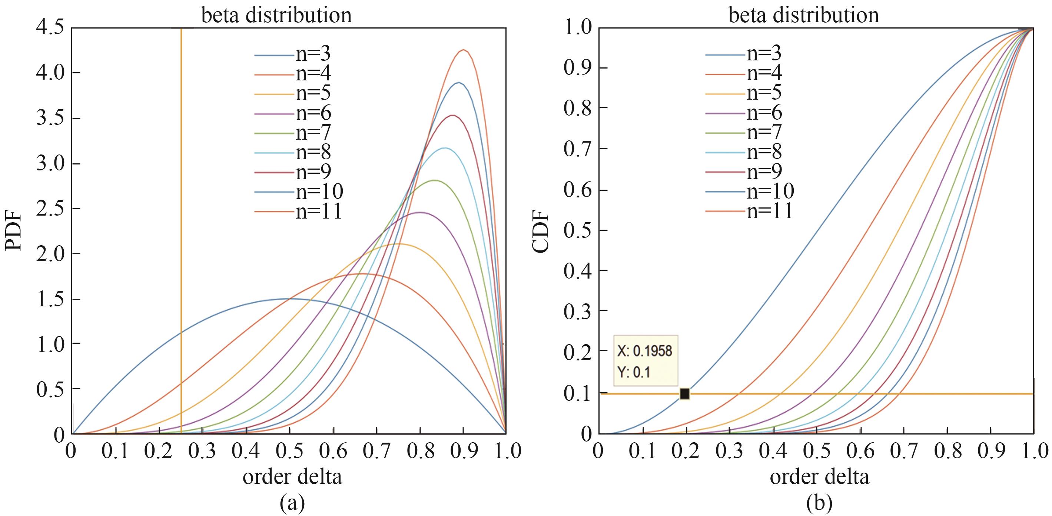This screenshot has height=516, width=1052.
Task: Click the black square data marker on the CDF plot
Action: coord(685,393)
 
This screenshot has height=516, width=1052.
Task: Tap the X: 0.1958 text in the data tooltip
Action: coord(645,351)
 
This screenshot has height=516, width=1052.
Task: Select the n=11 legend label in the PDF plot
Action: coord(319,212)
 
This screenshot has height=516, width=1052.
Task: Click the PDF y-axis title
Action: coord(13,231)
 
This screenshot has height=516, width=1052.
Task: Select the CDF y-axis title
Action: coord(541,231)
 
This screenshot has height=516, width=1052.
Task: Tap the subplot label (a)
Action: coord(292,503)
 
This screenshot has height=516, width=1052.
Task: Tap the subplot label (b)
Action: coord(820,503)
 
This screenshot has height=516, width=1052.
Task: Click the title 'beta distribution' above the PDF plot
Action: coord(276,16)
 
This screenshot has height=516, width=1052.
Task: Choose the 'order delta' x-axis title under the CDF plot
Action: coord(820,476)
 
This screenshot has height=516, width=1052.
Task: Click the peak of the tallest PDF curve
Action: coord(464,50)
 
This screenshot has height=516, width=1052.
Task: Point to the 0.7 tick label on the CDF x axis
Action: coord(903,451)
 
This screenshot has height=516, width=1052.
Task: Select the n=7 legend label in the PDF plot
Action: coord(313,132)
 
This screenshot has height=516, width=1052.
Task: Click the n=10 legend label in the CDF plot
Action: coord(770,191)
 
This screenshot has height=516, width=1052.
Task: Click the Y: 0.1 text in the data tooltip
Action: coord(633,372)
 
